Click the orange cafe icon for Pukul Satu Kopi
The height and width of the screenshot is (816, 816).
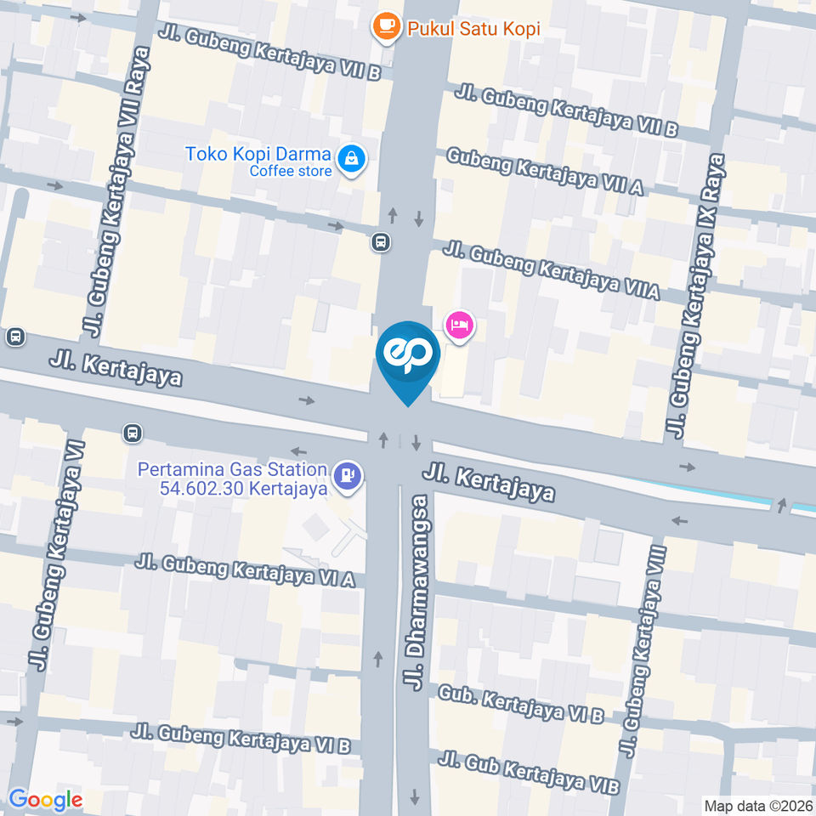point(387,27)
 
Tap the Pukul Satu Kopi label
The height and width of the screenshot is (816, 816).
point(473,29)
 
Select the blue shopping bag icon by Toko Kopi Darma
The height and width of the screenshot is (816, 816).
point(350,158)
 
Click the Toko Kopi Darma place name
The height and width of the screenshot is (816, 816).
point(258,155)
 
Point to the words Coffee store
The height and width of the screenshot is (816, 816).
point(291,171)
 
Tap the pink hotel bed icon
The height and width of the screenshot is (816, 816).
point(459,325)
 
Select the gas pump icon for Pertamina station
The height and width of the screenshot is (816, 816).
point(347,476)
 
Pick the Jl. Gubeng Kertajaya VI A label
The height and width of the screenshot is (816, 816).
point(245,570)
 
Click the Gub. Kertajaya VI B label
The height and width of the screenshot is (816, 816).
point(520,705)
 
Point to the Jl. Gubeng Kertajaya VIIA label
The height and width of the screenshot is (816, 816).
point(551,271)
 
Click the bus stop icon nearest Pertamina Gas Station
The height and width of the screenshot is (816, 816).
point(132,433)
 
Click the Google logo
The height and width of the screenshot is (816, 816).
point(45,800)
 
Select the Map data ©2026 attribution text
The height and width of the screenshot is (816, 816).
point(757,805)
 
